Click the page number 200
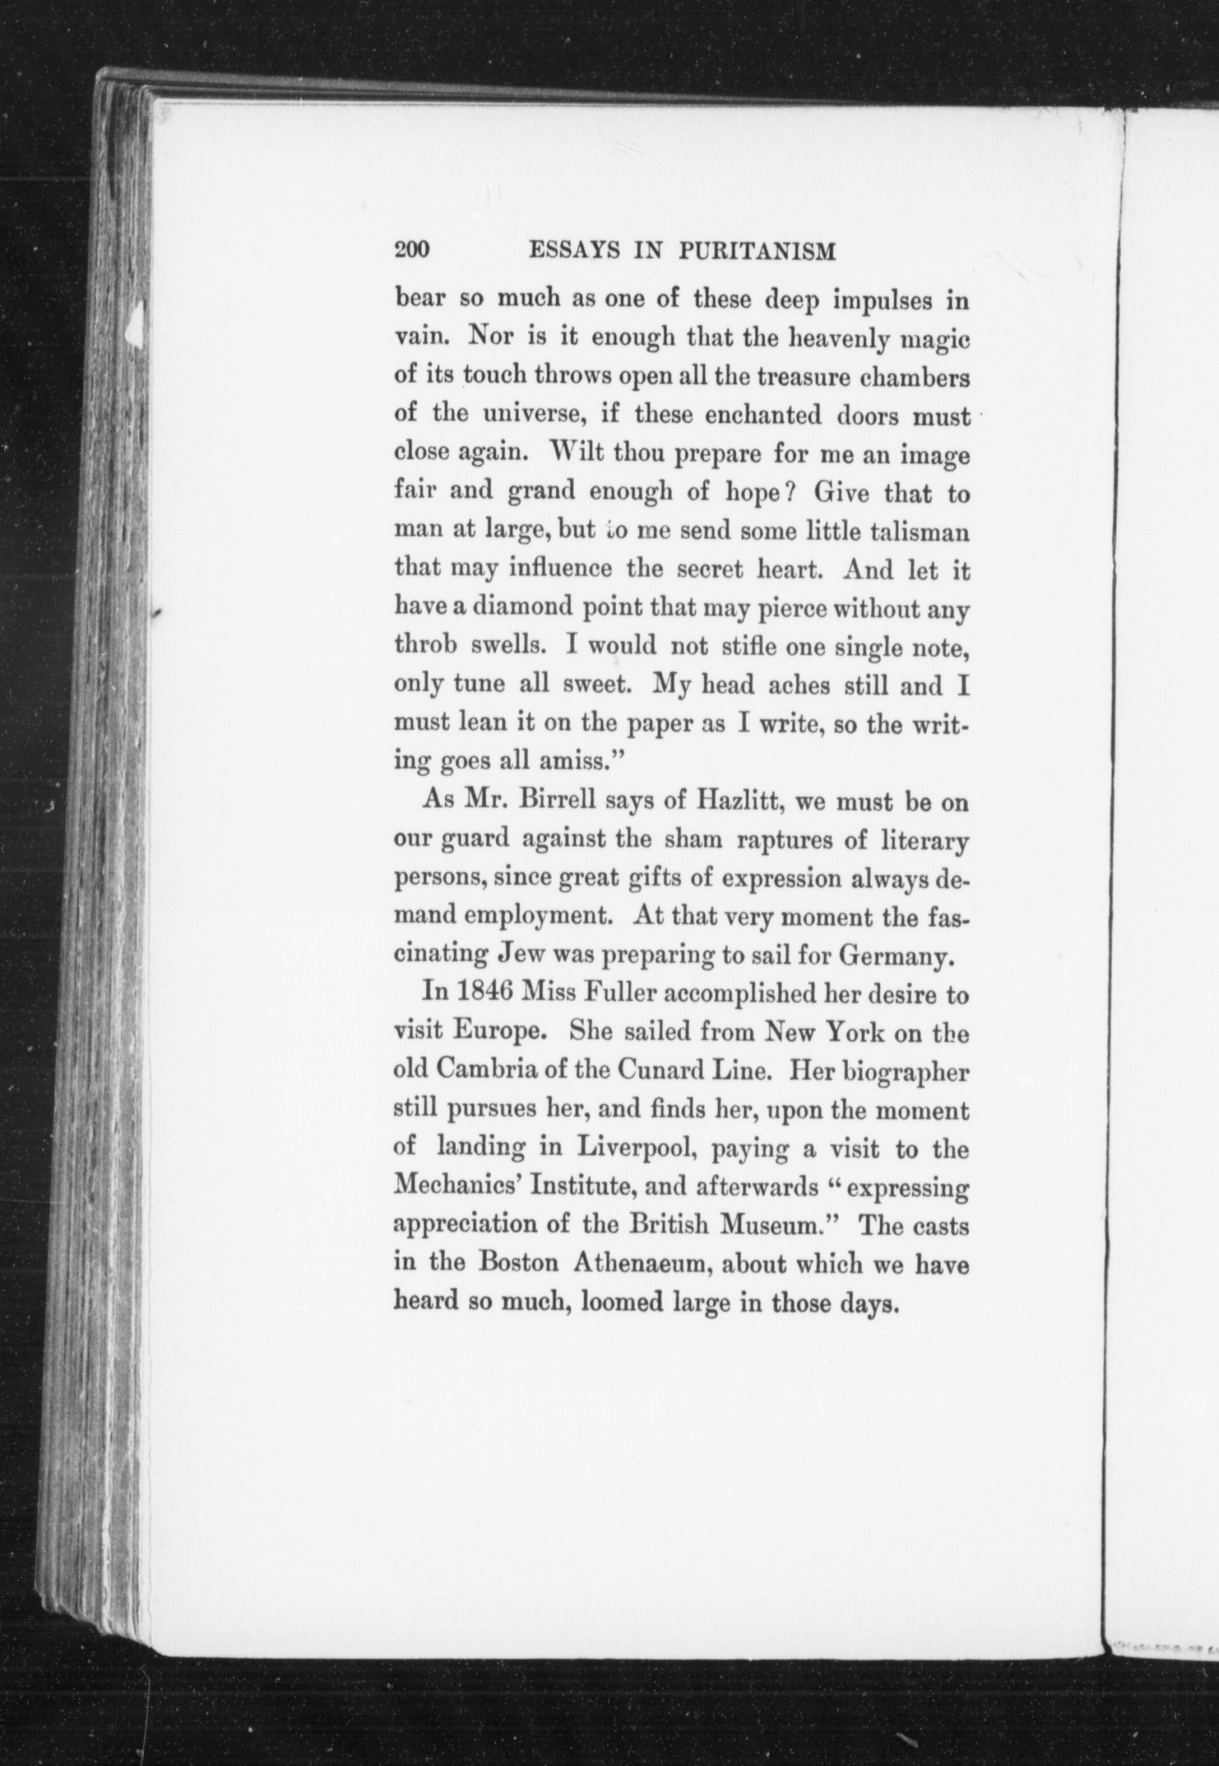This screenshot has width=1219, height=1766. point(413,251)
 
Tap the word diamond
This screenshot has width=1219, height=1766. point(521,609)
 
